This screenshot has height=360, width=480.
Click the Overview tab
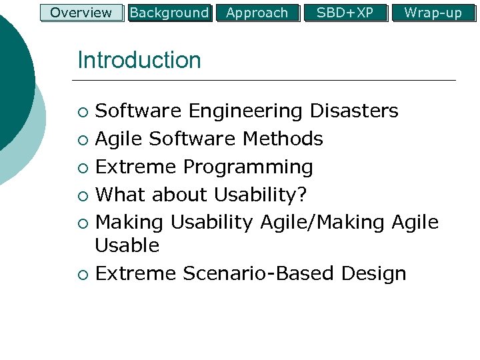click(81, 13)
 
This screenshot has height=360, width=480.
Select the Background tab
click(169, 13)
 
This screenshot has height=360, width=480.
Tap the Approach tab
click(257, 13)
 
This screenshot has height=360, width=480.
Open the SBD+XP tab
click(345, 13)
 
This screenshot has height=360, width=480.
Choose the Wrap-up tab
click(433, 13)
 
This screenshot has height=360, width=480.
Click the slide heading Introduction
click(139, 60)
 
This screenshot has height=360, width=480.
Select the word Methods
click(283, 139)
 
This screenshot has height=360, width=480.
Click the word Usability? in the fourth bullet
click(261, 195)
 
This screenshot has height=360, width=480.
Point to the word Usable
click(127, 245)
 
